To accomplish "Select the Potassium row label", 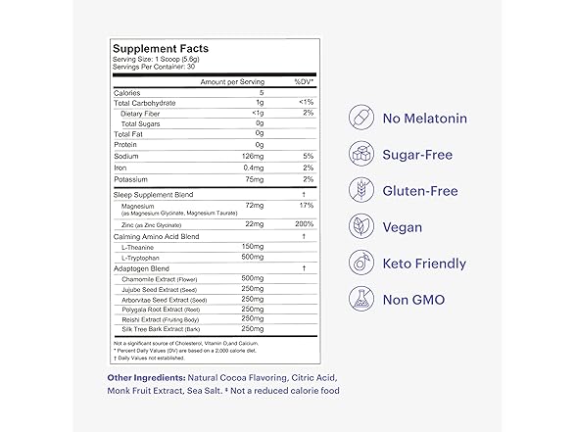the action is pos(131,180).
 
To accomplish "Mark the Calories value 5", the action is pos(262,93).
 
